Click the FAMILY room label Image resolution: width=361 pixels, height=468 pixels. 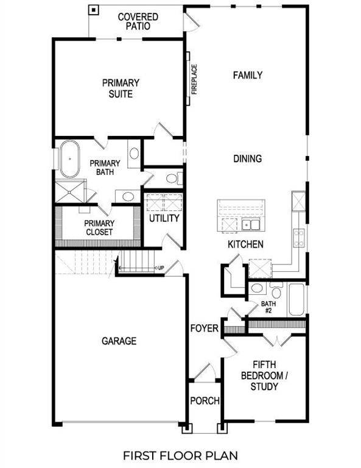point(248,76)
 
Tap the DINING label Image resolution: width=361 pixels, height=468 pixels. point(248,159)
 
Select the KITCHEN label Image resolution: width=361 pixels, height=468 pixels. point(245,244)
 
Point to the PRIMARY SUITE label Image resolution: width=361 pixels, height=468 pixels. point(121,88)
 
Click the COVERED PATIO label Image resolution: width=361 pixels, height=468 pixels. point(139,21)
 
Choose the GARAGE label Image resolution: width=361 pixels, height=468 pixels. point(119,341)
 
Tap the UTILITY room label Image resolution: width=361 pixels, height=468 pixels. point(164,218)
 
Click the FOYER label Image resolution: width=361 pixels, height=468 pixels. point(203,329)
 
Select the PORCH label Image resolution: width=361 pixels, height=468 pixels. point(205,401)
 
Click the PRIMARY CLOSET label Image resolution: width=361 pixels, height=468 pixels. point(99,227)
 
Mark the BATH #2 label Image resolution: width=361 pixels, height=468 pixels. point(268,307)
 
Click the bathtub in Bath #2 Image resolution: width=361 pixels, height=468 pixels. point(296,299)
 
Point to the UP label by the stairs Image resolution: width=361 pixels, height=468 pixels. point(161,268)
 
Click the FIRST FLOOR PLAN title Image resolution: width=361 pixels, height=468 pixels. point(180,455)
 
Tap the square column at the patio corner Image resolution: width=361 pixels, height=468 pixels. point(93,10)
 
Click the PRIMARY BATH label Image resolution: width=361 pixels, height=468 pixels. point(105,168)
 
